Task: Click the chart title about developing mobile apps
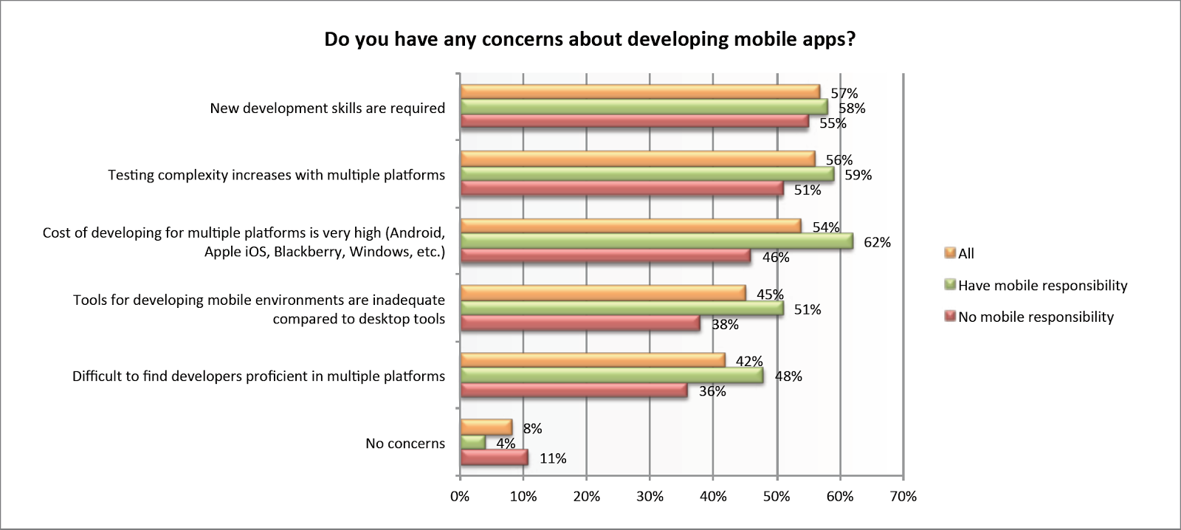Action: point(590,39)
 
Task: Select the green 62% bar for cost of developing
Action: point(656,241)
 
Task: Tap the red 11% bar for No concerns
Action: point(494,458)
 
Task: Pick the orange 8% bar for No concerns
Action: point(486,427)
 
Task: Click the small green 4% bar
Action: point(473,443)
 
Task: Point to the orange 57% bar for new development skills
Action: point(640,92)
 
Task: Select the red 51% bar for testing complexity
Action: point(622,189)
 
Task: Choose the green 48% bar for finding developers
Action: point(612,376)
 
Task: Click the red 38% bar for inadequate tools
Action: point(580,323)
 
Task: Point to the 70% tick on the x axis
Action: point(903,497)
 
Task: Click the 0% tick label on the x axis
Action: point(460,497)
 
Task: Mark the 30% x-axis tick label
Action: point(650,497)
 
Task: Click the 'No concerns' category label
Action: point(405,444)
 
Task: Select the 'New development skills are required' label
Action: point(327,109)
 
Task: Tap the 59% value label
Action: point(858,175)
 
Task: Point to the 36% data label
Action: point(712,391)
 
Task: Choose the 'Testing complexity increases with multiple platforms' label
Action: point(276,176)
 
